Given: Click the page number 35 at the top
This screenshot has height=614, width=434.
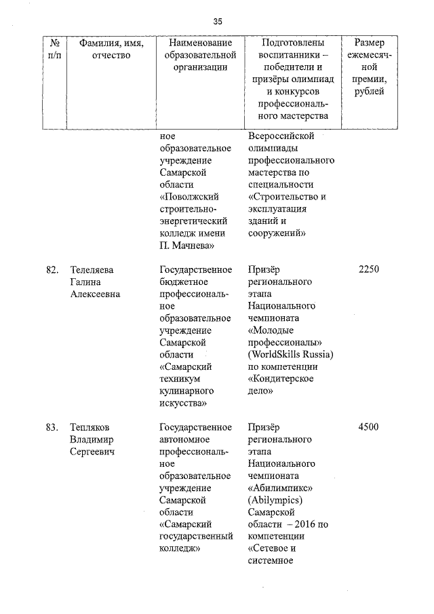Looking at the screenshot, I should coord(217,22).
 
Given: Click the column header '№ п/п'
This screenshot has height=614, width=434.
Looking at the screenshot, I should coord(54,49).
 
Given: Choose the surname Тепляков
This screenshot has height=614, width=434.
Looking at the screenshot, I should coord(91,427).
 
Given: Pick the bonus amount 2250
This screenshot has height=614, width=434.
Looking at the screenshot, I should coord(368,270).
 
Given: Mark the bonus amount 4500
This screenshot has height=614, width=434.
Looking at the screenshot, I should coord(368,427).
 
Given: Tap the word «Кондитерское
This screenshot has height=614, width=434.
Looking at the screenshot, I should coord(285,379).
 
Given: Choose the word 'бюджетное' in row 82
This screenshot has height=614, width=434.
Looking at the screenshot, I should coord(185,282).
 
